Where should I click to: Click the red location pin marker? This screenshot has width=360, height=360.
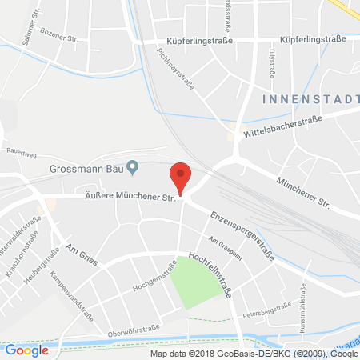tap(182, 176)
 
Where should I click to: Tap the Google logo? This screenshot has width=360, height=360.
tap(26, 350)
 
